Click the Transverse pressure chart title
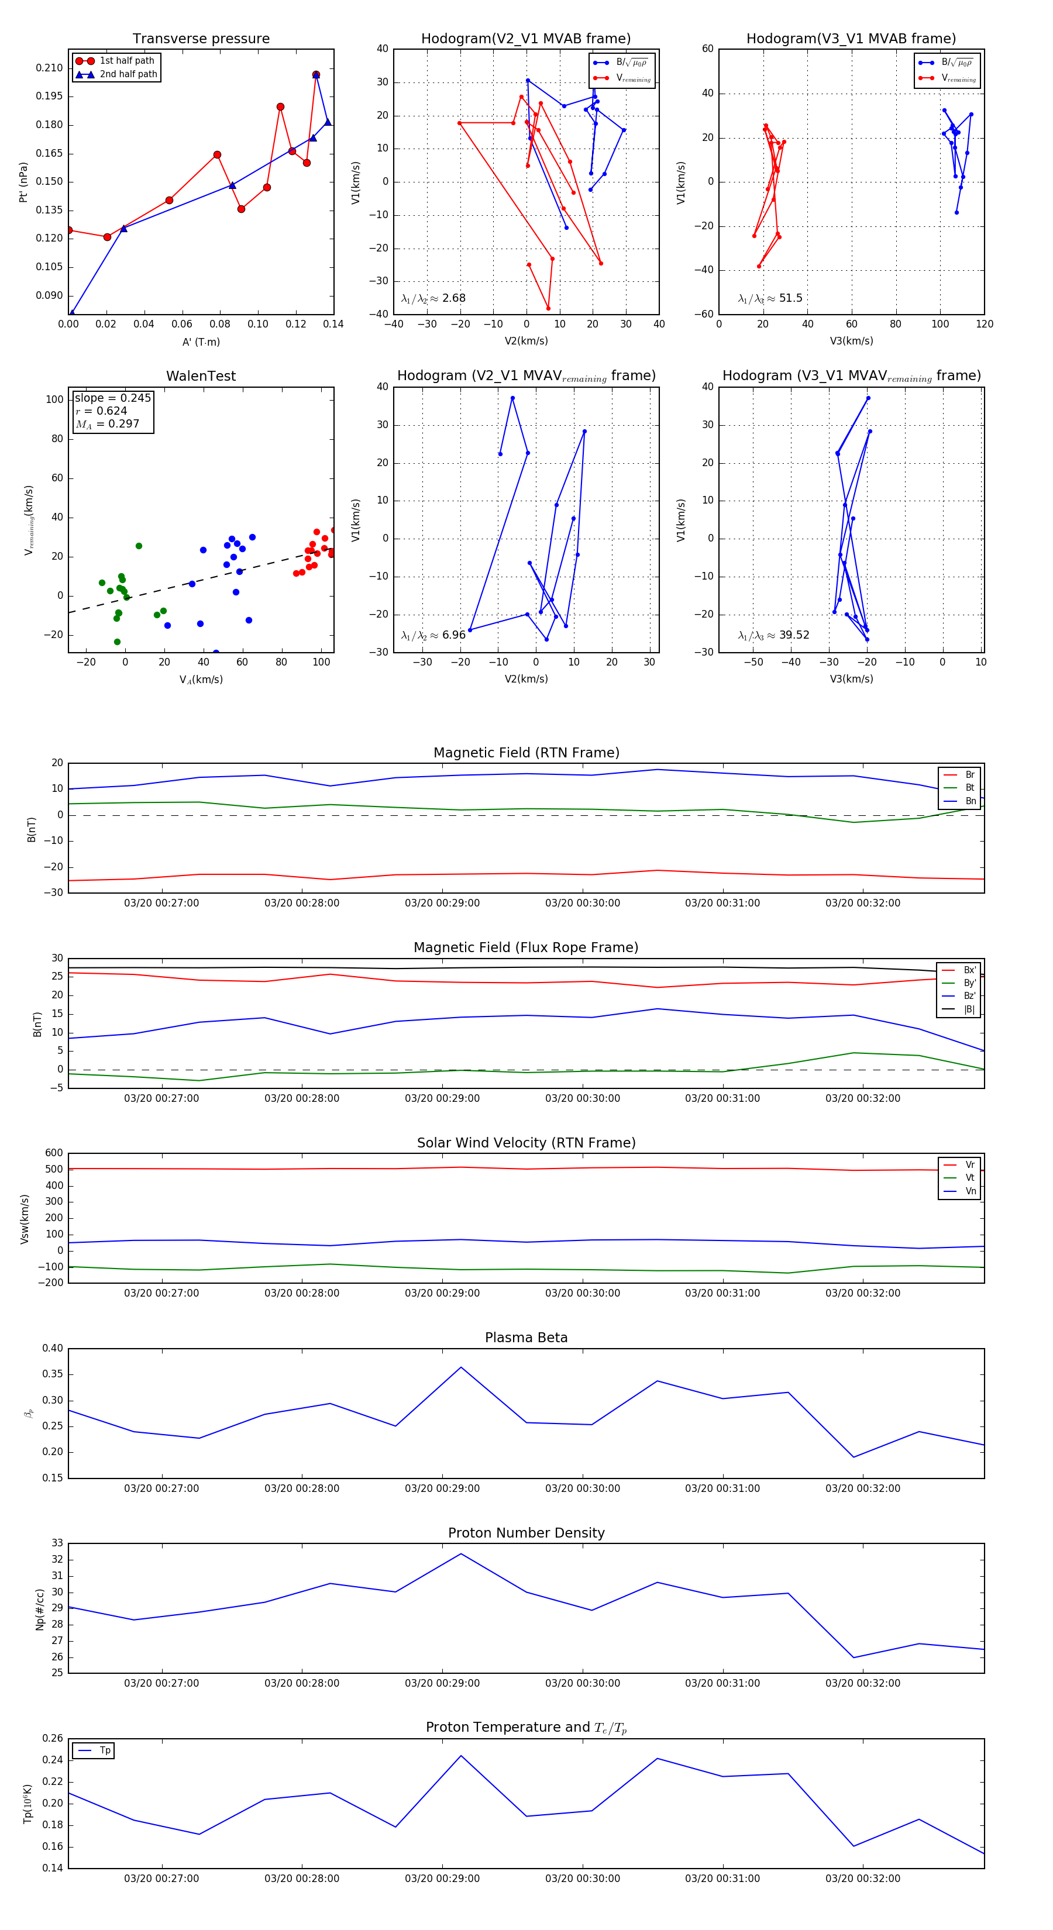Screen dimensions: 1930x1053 click(201, 39)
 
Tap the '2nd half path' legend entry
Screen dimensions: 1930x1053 click(128, 74)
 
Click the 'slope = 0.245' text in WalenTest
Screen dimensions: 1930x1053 click(112, 398)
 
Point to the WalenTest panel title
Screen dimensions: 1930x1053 click(201, 376)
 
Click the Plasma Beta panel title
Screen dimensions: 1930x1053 click(526, 1338)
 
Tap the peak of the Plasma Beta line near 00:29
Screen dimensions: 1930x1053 click(461, 1367)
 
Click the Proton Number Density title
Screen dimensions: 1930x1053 click(526, 1533)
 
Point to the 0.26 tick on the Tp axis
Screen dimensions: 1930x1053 click(53, 1738)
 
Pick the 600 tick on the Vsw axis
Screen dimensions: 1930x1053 click(54, 1153)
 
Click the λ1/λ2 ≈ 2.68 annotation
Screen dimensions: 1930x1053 click(433, 298)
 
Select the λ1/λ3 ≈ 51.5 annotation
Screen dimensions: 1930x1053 click(770, 298)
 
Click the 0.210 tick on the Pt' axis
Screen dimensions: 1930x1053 click(50, 68)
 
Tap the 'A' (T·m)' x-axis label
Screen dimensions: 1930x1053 click(201, 342)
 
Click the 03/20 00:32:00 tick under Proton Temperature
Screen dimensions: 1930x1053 click(863, 1879)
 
